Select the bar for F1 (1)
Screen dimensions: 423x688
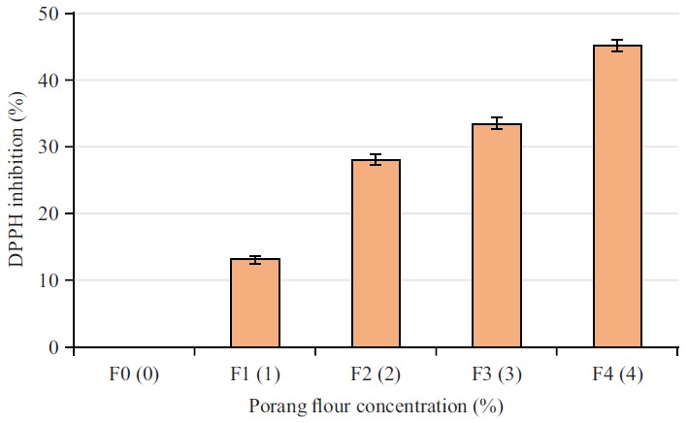254,303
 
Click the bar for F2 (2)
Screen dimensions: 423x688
376,253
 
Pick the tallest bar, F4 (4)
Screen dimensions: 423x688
617,196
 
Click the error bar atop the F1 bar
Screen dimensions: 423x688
254,259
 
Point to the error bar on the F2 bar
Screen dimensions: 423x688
376,159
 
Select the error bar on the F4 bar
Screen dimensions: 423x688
617,45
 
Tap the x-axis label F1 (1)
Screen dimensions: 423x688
254,373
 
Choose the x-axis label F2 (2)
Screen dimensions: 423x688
376,373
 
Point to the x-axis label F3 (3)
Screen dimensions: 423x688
497,373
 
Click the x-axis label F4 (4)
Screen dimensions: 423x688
617,373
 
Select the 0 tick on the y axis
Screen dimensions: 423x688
53,347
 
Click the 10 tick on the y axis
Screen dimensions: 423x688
49,280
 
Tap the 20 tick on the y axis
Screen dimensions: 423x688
49,213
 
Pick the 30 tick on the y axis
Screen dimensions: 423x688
49,146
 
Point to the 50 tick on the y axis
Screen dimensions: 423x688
49,14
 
